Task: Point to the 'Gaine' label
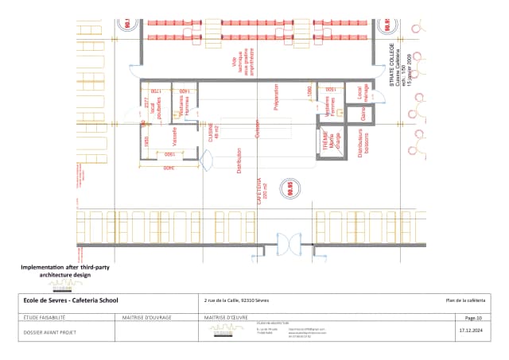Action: click(x=363, y=116)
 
